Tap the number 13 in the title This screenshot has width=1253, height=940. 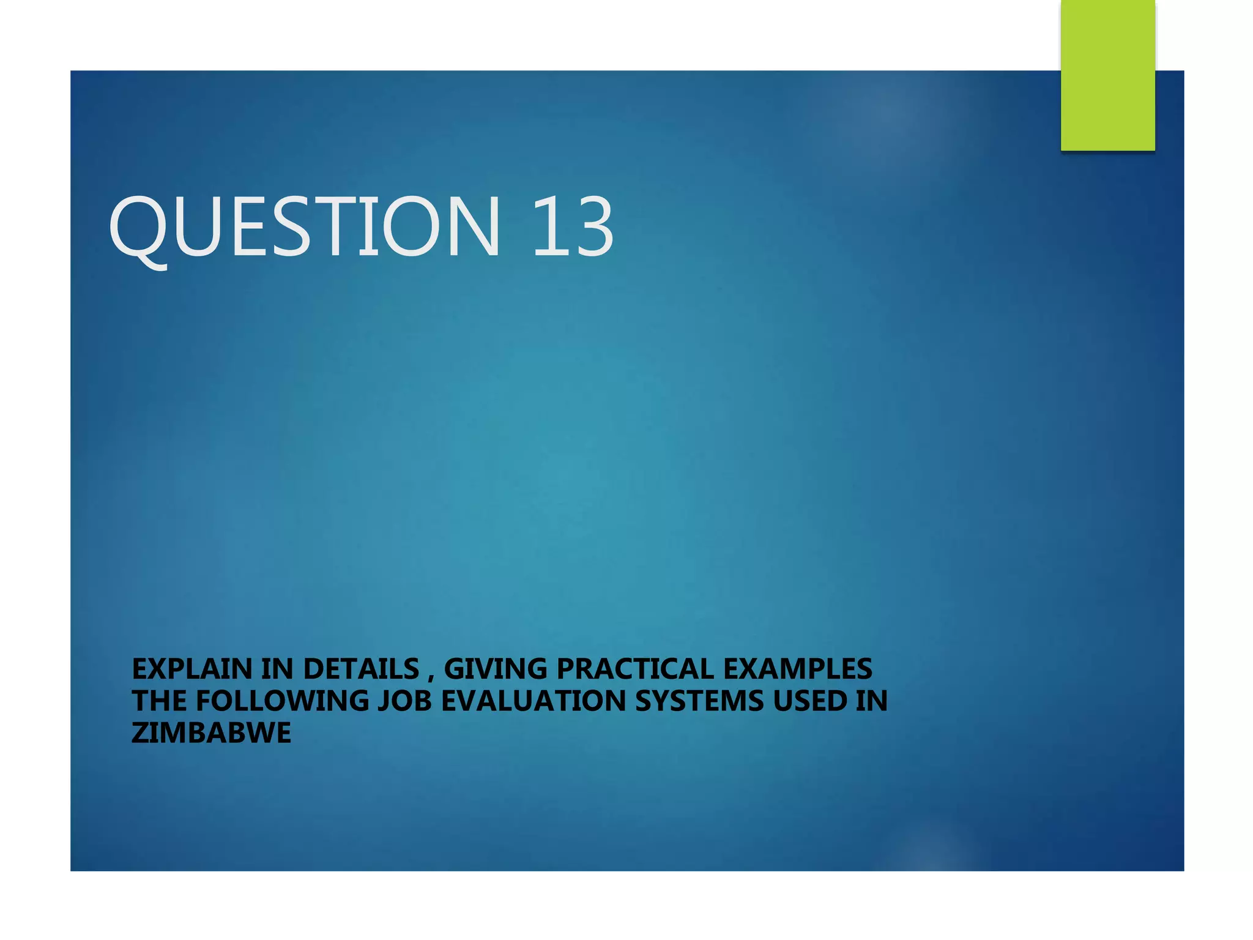point(572,226)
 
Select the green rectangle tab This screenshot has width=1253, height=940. point(1107,75)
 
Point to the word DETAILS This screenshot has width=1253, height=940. point(361,669)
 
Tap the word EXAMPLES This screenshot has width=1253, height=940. point(798,669)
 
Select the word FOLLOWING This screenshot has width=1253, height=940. point(282,701)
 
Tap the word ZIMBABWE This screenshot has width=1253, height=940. point(211,733)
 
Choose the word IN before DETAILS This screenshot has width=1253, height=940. point(278,669)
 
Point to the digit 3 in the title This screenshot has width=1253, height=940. point(591,226)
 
